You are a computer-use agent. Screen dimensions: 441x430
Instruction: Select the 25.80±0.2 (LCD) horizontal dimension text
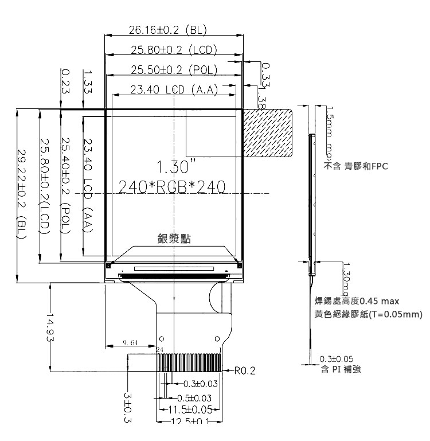167,50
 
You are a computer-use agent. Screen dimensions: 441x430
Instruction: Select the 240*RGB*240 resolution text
171,187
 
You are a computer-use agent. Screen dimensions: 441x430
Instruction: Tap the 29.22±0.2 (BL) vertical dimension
22,194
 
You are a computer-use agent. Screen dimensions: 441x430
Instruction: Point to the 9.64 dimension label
131,343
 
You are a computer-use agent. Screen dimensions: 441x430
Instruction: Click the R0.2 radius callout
245,371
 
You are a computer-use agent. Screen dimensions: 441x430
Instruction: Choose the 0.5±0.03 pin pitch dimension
194,398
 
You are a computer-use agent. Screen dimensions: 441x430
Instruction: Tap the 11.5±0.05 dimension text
190,409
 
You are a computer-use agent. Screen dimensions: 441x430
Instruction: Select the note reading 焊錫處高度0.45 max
357,301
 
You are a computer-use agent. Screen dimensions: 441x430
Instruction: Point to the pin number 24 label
160,349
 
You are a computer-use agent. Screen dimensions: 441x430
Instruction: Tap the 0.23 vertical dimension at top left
65,81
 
